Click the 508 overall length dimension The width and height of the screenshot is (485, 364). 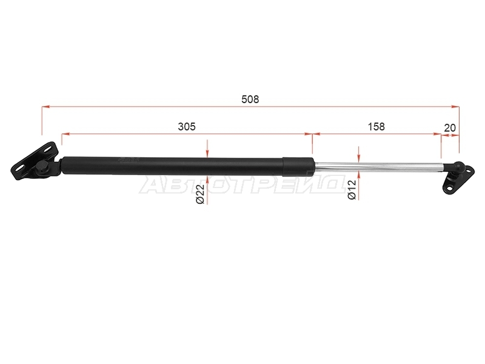coord(250,99)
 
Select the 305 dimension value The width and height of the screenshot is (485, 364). coord(187,127)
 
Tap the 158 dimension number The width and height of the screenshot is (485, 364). coord(376,127)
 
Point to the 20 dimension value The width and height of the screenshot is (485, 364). coord(450,128)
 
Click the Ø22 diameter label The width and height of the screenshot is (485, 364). coord(201,194)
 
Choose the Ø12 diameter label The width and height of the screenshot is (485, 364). coord(352,190)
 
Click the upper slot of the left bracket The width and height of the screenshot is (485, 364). coord(48,149)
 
